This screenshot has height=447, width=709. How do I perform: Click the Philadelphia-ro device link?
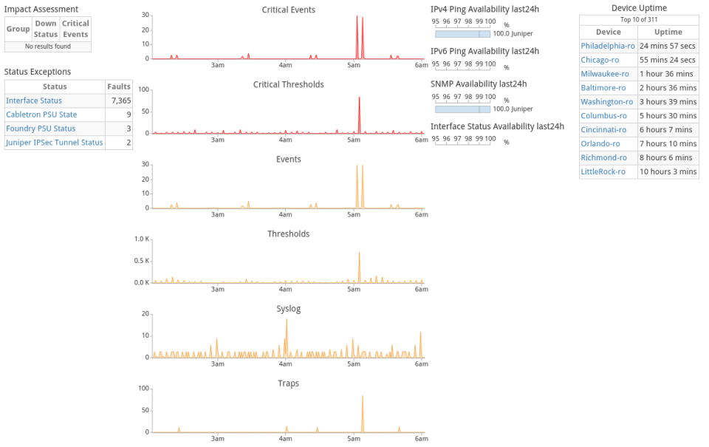(x=608, y=46)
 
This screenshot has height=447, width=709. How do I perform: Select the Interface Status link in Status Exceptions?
(x=34, y=100)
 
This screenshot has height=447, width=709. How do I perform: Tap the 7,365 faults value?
(x=120, y=100)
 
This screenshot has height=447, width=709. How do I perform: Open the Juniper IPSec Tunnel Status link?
(x=54, y=143)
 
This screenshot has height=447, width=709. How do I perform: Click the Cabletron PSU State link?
(x=41, y=115)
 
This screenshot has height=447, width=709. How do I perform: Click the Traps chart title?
(x=288, y=383)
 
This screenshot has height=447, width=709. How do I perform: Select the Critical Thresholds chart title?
(x=288, y=85)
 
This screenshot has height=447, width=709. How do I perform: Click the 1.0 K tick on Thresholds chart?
(x=141, y=239)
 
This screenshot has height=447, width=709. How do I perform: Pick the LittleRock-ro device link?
(x=603, y=171)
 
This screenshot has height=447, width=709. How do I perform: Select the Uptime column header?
(x=668, y=33)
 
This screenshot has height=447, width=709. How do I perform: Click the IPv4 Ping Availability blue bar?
(x=462, y=34)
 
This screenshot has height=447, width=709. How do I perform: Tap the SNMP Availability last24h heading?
(x=479, y=84)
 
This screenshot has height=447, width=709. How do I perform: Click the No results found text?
(x=48, y=47)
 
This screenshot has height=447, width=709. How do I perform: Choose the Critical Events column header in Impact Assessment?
(x=75, y=29)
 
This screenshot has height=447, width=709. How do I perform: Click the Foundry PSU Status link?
(x=41, y=129)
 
